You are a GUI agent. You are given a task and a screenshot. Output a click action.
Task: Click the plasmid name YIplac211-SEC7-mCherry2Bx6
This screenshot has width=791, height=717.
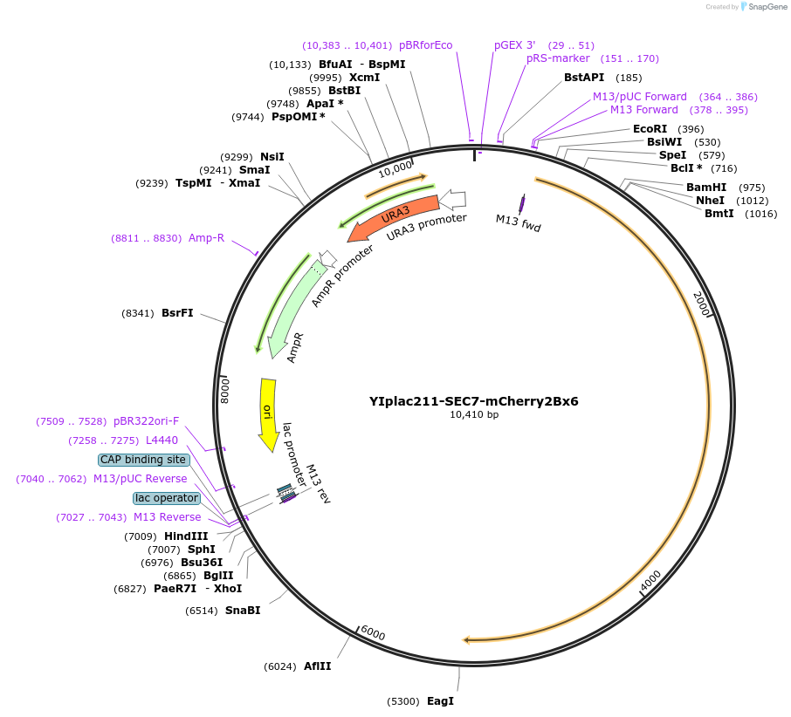pos(473,402)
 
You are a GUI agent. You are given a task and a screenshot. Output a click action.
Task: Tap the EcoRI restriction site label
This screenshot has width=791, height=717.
pos(650,129)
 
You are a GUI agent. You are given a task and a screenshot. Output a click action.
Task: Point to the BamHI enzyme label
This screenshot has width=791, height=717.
pos(705,188)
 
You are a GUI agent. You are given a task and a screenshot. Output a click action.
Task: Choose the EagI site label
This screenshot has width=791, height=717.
pos(440,701)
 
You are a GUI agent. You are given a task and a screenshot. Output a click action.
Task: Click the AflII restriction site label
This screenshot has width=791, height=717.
pos(317,666)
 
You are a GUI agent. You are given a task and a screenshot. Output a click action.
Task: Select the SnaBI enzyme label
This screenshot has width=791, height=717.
pos(243,611)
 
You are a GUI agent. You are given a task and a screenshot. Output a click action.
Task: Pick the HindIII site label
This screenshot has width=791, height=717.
pos(186,536)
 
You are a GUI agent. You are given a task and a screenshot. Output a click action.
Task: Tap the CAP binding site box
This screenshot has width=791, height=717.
pos(143,460)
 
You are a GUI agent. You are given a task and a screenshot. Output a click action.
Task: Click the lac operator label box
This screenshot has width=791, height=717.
pos(167,498)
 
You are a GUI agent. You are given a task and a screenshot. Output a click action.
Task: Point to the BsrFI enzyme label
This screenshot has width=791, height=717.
pos(177,313)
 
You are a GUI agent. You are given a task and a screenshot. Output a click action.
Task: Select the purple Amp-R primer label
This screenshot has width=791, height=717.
pos(206,238)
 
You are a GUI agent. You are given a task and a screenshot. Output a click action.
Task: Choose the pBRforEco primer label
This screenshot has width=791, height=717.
pos(425,45)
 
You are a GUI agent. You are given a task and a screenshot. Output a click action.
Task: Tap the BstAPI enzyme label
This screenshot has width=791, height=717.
pos(584,78)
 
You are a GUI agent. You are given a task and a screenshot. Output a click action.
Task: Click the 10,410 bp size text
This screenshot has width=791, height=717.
pos(474,415)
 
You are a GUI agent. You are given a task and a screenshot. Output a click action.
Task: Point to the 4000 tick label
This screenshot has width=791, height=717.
pos(651,581)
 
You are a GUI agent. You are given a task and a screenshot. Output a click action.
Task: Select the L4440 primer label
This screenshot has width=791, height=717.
pos(162,440)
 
